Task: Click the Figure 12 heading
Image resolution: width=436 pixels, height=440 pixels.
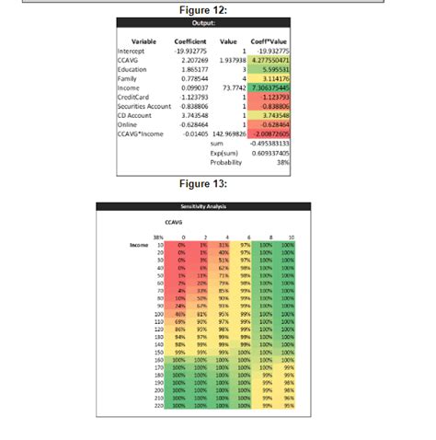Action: pyautogui.click(x=217, y=9)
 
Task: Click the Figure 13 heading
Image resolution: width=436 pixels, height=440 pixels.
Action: pyautogui.click(x=217, y=182)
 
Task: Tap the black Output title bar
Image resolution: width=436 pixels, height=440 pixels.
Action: pyautogui.click(x=217, y=25)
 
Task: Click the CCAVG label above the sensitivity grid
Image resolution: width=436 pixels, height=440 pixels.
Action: pyautogui.click(x=173, y=223)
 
